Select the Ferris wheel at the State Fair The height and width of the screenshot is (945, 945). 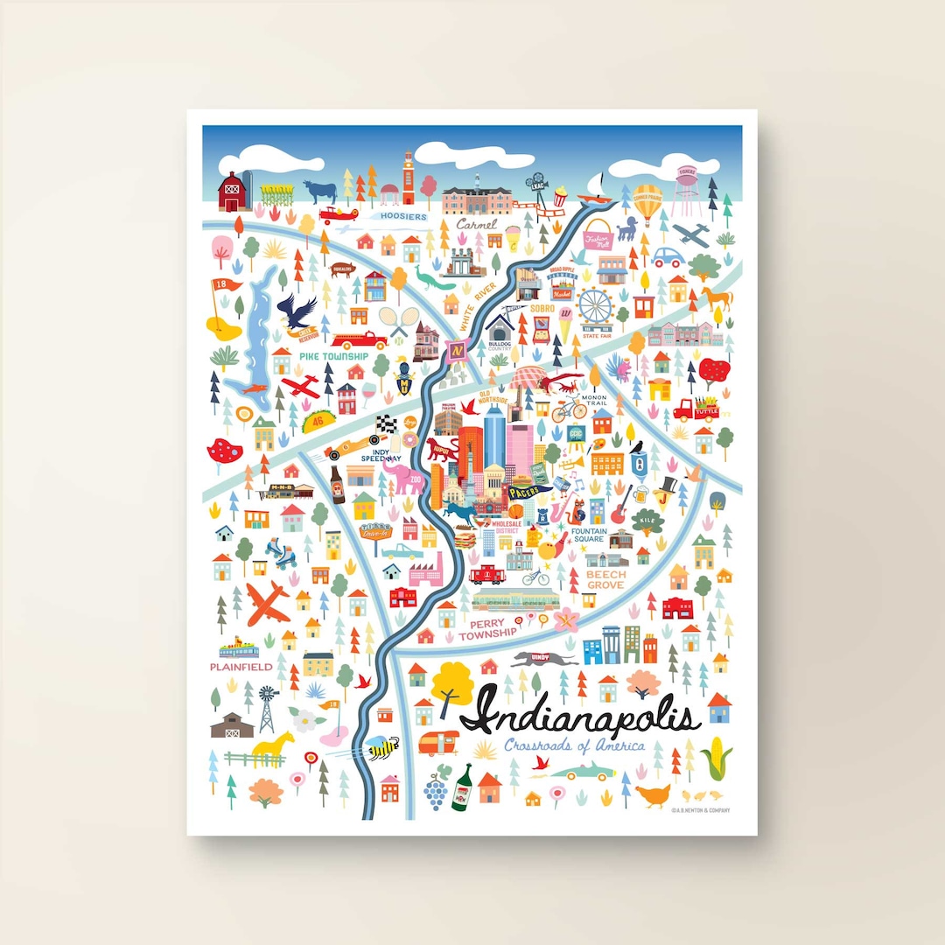click(x=595, y=307)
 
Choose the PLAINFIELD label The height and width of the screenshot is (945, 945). click(x=241, y=666)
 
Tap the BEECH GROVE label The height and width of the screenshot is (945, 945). click(x=605, y=579)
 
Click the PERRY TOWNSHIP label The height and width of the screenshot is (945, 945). click(x=482, y=629)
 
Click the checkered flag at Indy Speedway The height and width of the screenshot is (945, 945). click(x=385, y=424)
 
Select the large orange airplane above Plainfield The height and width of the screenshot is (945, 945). click(x=268, y=603)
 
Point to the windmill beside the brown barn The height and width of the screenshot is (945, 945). click(x=267, y=707)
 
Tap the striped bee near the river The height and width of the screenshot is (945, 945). click(x=381, y=748)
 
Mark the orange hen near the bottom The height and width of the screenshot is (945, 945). click(x=651, y=795)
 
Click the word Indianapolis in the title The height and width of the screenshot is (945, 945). click(x=581, y=717)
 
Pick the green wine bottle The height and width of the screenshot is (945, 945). click(x=462, y=785)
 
